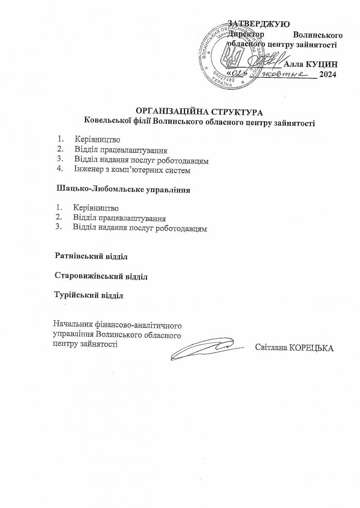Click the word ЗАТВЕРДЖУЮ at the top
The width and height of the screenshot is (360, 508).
[x=258, y=24]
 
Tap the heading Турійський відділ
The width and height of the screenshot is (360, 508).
[x=89, y=295]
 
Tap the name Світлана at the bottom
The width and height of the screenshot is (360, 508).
[x=270, y=348]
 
